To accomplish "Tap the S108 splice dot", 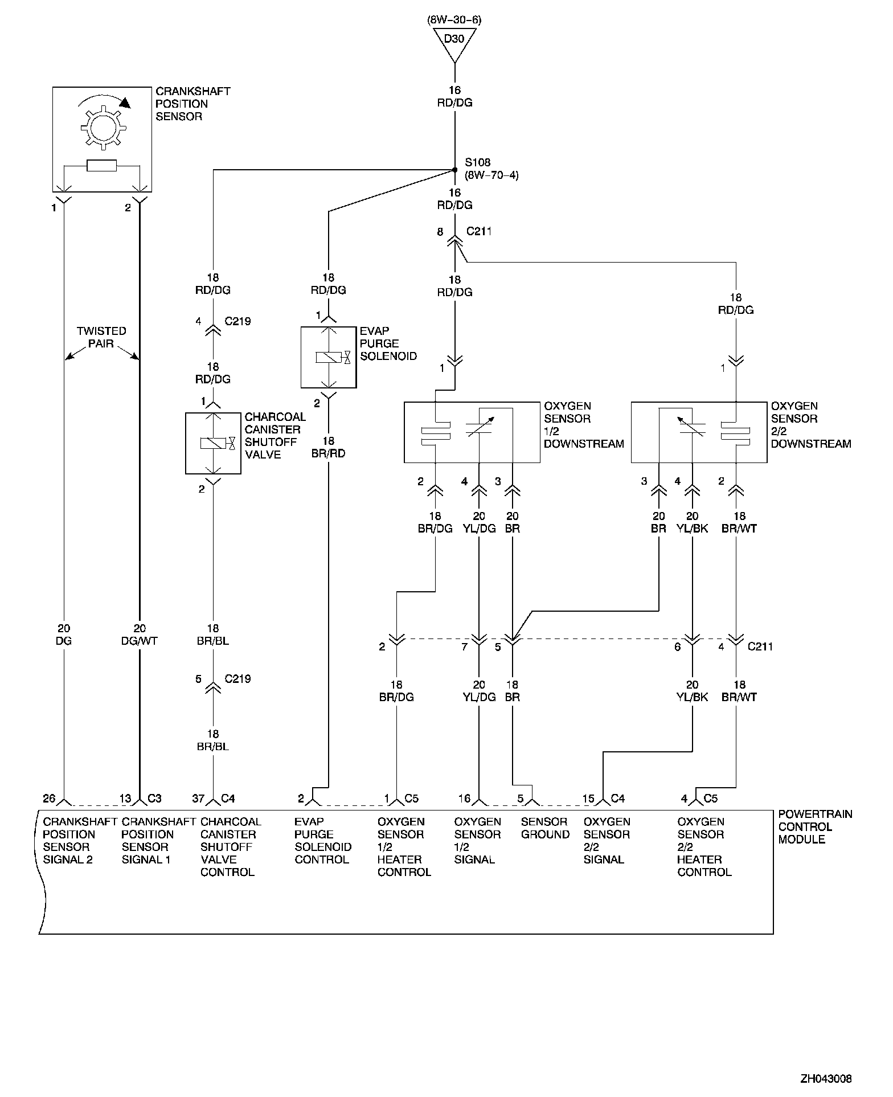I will coord(454,170).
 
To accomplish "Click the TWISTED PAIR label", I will coord(101,337).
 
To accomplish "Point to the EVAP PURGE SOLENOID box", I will coord(329,357).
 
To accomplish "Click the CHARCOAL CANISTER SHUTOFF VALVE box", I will coord(213,443).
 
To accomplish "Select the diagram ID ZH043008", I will coord(826,1079).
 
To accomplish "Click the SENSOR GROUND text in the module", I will coord(545,828).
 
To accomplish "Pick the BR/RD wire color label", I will coord(329,454).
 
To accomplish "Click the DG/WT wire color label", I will coord(140,641).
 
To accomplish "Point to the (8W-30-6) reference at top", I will coord(454,20).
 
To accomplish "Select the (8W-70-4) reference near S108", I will coord(491,175).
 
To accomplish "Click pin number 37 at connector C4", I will coord(198,799).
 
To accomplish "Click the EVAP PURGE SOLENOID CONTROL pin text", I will coord(322,841).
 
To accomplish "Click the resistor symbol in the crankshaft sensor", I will coord(102,166).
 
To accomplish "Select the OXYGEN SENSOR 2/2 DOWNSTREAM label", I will coord(810,425).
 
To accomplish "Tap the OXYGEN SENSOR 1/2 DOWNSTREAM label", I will coord(584,425).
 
